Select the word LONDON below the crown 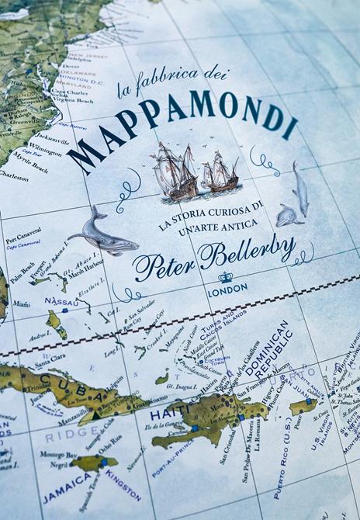click(227, 289)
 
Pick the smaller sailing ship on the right click(220, 174)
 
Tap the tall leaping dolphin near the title click(299, 189)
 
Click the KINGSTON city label click(123, 483)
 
